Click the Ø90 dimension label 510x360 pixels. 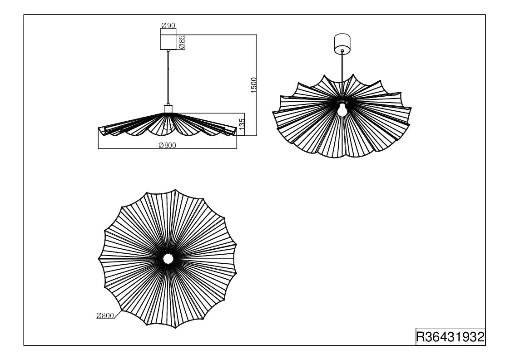[168, 25]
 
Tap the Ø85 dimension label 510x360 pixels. [182, 42]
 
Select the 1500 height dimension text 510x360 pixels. [254, 85]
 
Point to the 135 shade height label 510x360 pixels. [242, 124]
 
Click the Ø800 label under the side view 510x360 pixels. [167, 145]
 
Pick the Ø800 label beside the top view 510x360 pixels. [105, 316]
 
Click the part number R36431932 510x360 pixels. [451, 337]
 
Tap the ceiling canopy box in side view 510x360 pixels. [168, 39]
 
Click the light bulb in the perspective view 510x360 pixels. [342, 109]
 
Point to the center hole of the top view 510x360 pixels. [168, 259]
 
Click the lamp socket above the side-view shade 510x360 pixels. [168, 108]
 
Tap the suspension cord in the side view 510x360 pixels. [168, 77]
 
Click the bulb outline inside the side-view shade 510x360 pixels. [168, 126]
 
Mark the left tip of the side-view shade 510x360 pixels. [99, 128]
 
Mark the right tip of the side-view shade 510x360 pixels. [237, 128]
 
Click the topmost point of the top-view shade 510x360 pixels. [176, 189]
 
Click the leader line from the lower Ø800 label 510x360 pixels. [118, 315]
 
